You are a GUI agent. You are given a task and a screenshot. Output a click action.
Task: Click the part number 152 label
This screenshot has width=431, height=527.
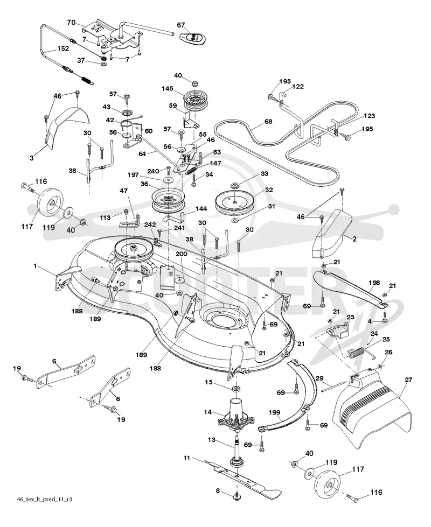63,48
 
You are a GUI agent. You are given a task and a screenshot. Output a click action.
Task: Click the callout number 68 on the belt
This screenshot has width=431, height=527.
268,121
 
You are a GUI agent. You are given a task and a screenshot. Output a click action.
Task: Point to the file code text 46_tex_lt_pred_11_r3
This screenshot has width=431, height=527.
44,499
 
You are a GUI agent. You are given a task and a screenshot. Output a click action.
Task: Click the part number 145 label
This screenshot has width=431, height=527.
167,89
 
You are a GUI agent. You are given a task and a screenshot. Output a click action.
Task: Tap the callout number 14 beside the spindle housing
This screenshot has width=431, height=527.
207,412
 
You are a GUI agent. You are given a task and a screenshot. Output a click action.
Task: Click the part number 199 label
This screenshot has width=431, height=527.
275,412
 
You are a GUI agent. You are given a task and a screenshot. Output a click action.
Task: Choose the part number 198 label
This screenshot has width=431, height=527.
374,283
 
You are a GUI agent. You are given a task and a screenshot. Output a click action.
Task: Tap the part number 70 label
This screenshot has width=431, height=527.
71,23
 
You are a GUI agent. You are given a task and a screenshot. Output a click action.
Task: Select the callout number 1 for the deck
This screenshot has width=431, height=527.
36,266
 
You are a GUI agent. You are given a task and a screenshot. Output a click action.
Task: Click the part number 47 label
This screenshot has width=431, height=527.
123,191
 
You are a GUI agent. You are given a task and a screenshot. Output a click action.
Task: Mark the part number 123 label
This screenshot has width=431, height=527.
369,116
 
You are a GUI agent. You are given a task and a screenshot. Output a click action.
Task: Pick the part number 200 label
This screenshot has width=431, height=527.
182,254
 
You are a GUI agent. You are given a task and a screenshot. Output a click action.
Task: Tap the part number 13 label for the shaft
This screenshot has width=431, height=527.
211,440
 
